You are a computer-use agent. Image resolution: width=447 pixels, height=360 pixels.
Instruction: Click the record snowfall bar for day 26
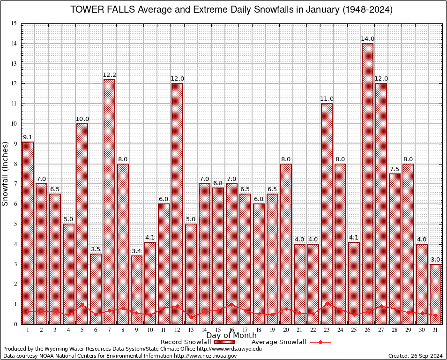[367, 183]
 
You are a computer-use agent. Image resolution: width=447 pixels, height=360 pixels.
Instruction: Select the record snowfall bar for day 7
[109, 202]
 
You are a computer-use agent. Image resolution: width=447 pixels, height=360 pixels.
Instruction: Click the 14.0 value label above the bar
[367, 38]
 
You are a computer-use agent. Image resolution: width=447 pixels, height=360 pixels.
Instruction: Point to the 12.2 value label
[109, 75]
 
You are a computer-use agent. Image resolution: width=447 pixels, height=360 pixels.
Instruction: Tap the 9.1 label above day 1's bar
[28, 137]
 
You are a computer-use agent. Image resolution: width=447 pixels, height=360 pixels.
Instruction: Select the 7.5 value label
[395, 169]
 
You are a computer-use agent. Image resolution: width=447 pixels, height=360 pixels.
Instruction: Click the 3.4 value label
[136, 251]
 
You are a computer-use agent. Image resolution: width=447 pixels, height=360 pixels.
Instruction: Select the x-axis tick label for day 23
[327, 330]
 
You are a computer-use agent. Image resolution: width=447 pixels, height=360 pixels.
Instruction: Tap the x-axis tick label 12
[177, 330]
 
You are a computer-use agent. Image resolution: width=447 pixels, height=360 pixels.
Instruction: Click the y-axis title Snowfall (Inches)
[6, 173]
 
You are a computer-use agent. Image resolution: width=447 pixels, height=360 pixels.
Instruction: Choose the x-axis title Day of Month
[231, 336]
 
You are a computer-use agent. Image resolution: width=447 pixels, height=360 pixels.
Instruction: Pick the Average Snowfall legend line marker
[320, 342]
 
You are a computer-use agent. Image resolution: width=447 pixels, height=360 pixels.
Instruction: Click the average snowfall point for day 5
[82, 304]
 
